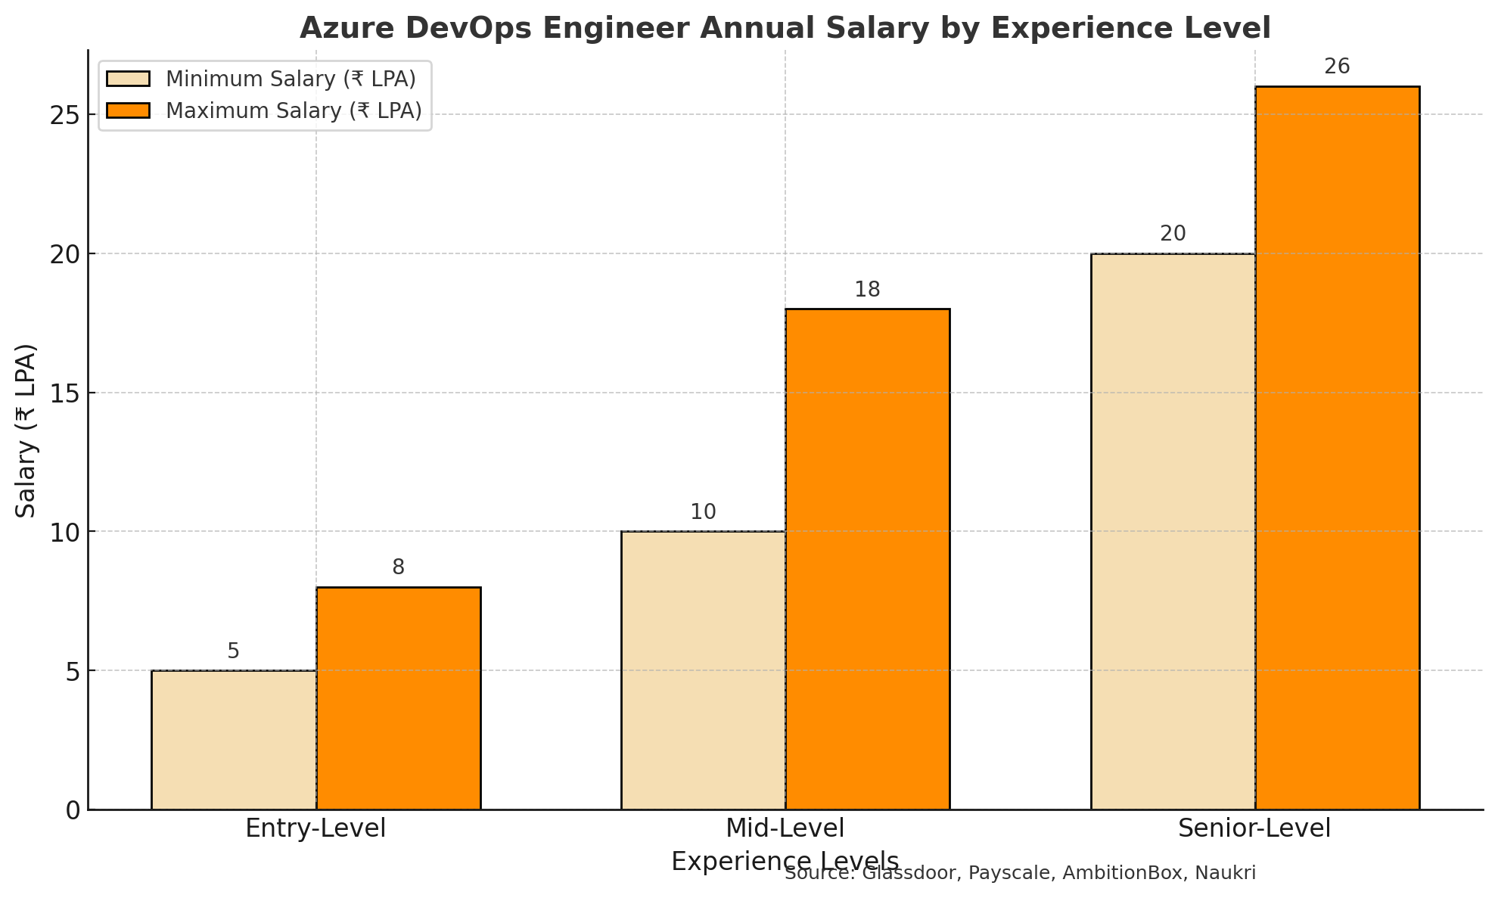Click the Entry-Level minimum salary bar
(234, 740)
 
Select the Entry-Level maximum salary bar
(399, 698)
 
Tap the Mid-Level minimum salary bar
(704, 670)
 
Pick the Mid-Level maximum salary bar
(868, 559)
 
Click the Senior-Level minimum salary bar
(1173, 531)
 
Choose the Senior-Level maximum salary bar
(1338, 448)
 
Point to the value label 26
(1337, 67)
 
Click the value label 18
(867, 290)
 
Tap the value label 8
(398, 567)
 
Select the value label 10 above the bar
(703, 512)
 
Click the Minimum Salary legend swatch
(129, 79)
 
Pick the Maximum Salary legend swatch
(129, 110)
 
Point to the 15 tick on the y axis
(66, 393)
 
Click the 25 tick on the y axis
(66, 115)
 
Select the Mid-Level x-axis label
(785, 828)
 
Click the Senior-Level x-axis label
(1254, 828)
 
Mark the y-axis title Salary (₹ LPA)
(27, 430)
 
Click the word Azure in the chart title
(340, 29)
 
